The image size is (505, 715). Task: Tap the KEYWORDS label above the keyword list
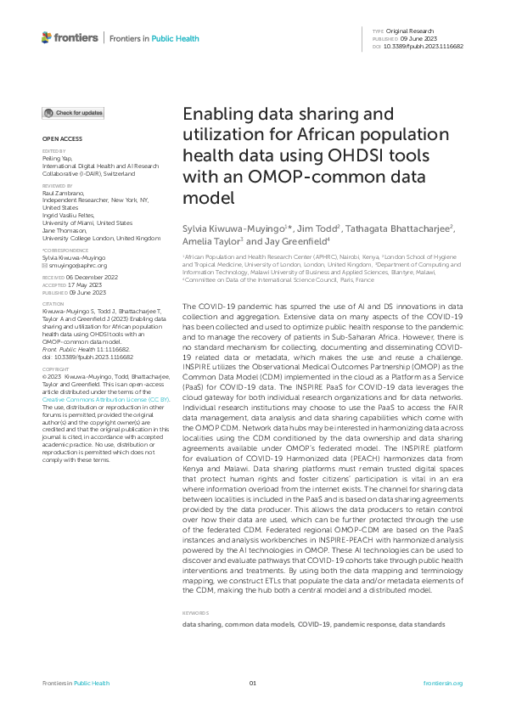pyautogui.click(x=196, y=612)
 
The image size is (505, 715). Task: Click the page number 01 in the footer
pyautogui.click(x=252, y=684)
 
